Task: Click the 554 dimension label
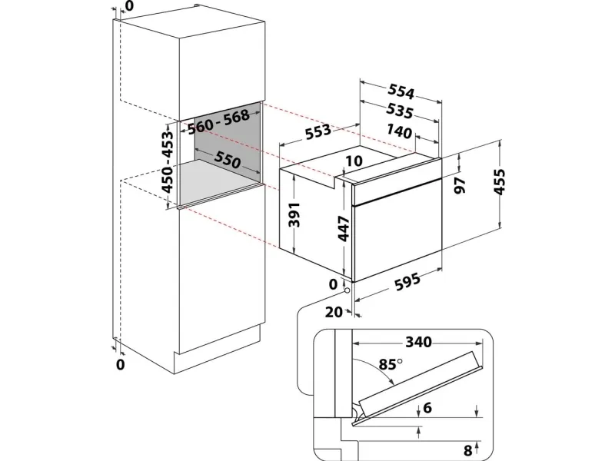point(401,91)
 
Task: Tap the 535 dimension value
point(400,111)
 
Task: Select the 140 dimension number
point(399,131)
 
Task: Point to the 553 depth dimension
point(318,131)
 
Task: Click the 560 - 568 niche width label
point(218,121)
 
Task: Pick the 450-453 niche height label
point(167,162)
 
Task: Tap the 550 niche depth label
point(227,160)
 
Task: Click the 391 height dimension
point(294,214)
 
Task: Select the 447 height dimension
point(343,228)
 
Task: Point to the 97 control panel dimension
point(460,185)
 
